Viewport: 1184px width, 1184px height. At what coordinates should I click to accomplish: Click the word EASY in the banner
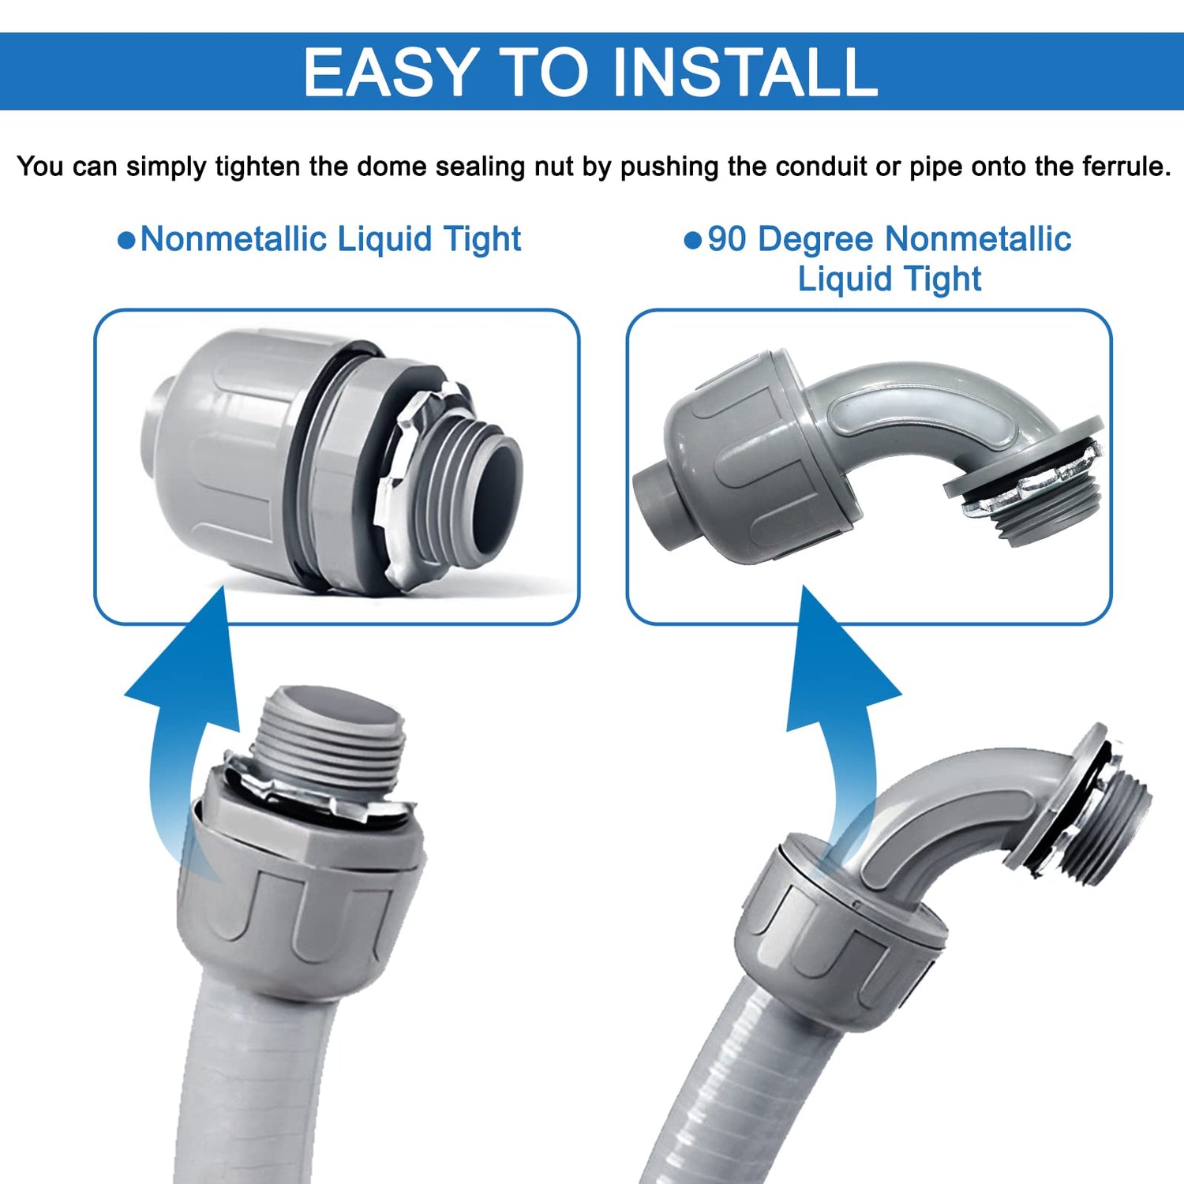coord(391,72)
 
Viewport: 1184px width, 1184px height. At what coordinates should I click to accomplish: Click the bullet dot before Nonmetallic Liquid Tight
coord(126,240)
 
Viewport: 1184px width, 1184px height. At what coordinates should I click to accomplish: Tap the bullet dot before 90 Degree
coord(693,240)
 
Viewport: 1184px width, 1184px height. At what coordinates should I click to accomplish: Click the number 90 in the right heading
coord(727,238)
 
